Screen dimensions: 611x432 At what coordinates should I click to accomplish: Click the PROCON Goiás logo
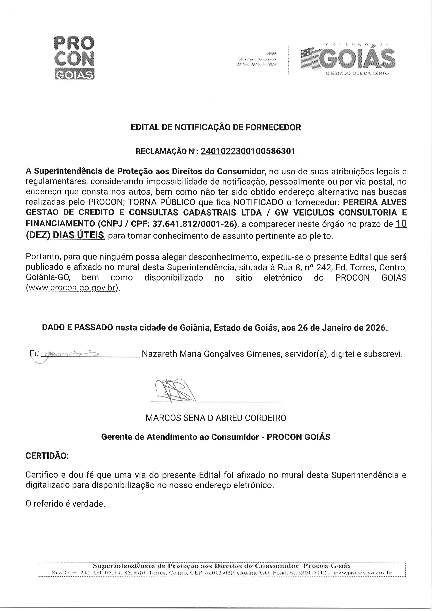pyautogui.click(x=74, y=58)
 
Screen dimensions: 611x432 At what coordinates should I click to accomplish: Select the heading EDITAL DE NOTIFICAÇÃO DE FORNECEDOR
pyautogui.click(x=216, y=127)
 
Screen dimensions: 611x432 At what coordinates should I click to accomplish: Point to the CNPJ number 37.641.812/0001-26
pyautogui.click(x=194, y=224)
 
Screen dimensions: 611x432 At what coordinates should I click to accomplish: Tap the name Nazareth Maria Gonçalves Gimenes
pyautogui.click(x=211, y=354)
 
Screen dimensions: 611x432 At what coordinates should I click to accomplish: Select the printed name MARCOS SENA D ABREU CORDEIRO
pyautogui.click(x=216, y=418)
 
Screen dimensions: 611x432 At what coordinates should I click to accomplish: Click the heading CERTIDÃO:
pyautogui.click(x=47, y=456)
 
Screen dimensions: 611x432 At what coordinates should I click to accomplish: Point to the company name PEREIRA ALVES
pyautogui.click(x=375, y=202)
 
